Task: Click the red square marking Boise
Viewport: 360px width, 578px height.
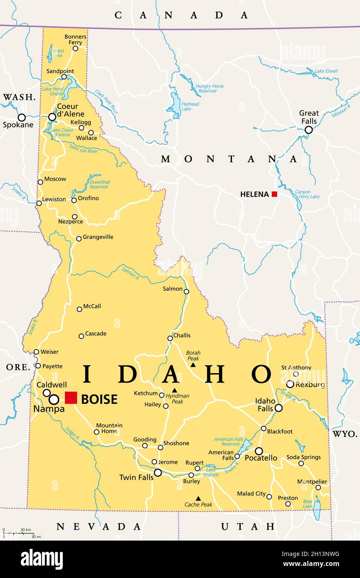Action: pos(71,398)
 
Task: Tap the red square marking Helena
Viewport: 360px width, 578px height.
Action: pos(274,194)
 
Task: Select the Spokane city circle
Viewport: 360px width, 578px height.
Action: pos(22,117)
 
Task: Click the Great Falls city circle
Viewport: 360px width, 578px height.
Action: pos(308,130)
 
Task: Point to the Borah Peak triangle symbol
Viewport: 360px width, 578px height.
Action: pos(193,365)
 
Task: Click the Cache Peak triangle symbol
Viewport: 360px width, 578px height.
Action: pos(198,498)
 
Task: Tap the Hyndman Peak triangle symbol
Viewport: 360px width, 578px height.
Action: pos(175,390)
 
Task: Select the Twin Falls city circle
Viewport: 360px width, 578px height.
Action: pos(158,472)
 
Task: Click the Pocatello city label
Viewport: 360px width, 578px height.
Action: pos(261,458)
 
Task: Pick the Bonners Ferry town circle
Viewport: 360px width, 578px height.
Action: pos(75,48)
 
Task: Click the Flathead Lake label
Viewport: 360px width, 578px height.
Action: pos(190,106)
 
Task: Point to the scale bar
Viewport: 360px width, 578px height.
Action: pos(19,533)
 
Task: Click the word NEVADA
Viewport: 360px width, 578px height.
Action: pos(99,526)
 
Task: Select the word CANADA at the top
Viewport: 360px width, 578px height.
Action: pos(181,15)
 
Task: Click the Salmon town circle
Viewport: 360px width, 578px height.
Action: pos(187,291)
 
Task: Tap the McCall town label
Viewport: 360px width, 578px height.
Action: pos(92,306)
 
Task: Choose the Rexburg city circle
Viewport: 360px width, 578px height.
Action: pos(290,384)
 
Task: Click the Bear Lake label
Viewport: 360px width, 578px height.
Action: pos(308,504)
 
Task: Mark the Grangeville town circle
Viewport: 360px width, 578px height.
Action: pos(79,239)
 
